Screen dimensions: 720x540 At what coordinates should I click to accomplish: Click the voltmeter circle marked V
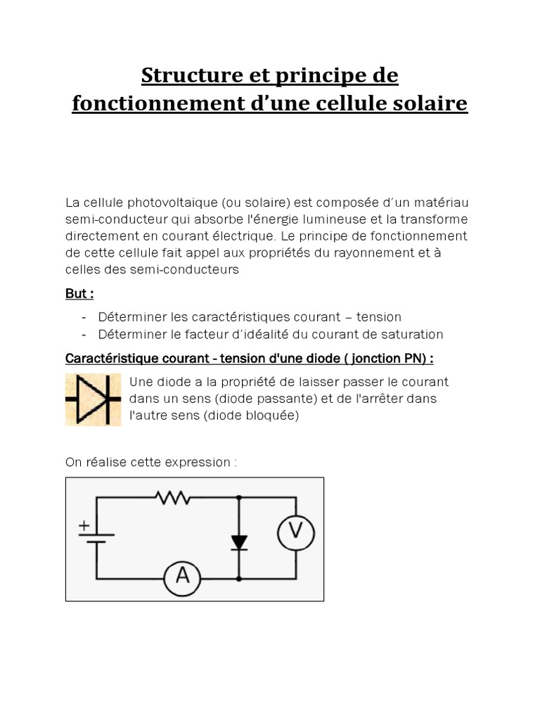(x=295, y=532)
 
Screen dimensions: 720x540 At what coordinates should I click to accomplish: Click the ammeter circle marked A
(x=183, y=577)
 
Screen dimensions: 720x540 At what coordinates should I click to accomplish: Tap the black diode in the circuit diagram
(x=239, y=542)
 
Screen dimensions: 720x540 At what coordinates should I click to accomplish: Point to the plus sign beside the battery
(x=84, y=525)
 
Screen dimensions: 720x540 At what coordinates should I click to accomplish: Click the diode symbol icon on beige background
(x=94, y=399)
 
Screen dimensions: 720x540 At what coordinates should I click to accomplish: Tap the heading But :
(x=79, y=294)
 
